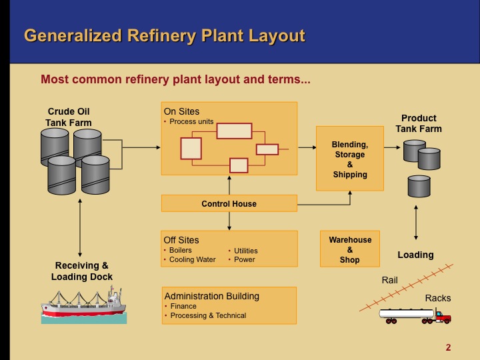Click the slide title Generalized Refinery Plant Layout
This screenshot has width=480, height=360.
[x=164, y=35]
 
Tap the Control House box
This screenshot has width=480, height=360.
[x=229, y=203]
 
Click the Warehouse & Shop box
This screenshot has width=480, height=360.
[x=350, y=249]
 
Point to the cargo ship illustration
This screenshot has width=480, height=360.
[x=83, y=304]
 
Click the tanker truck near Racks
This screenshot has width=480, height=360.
[x=415, y=315]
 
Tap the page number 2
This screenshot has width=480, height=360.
[x=448, y=347]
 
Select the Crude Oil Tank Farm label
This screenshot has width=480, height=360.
[x=69, y=117]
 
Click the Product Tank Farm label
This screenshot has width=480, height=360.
[x=419, y=123]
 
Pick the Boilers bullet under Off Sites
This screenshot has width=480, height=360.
[x=180, y=251]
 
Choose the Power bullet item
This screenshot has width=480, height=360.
[x=244, y=259]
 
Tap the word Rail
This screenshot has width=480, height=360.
[x=390, y=281]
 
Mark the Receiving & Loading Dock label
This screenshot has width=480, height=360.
[x=82, y=271]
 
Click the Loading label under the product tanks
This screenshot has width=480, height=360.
[x=415, y=255]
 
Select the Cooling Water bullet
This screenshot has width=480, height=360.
[x=192, y=259]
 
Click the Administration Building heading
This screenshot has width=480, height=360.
[x=211, y=296]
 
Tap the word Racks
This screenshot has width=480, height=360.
[x=438, y=298]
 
